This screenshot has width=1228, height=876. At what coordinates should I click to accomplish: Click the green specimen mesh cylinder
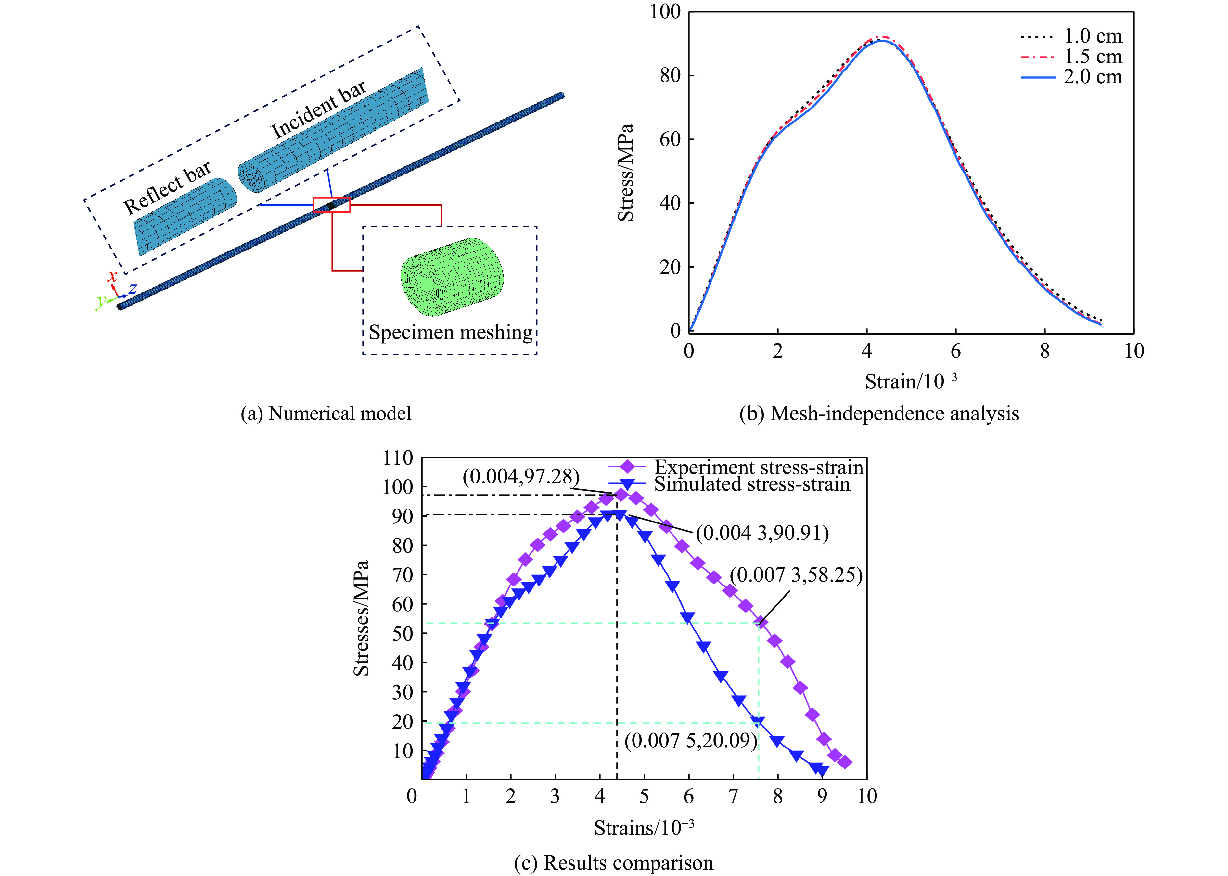pyautogui.click(x=452, y=276)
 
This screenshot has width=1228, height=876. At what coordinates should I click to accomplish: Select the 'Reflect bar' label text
pyautogui.click(x=167, y=188)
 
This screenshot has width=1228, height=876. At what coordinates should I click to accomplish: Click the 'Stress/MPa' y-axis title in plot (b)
pyautogui.click(x=626, y=173)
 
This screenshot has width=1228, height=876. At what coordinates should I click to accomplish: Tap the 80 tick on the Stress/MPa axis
pyautogui.click(x=670, y=75)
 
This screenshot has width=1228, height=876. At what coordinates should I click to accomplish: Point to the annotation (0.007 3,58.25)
pyautogui.click(x=796, y=575)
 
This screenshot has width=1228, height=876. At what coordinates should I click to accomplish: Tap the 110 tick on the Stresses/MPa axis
pyautogui.click(x=398, y=458)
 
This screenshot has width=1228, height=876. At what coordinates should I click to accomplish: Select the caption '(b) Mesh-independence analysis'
pyautogui.click(x=879, y=414)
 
